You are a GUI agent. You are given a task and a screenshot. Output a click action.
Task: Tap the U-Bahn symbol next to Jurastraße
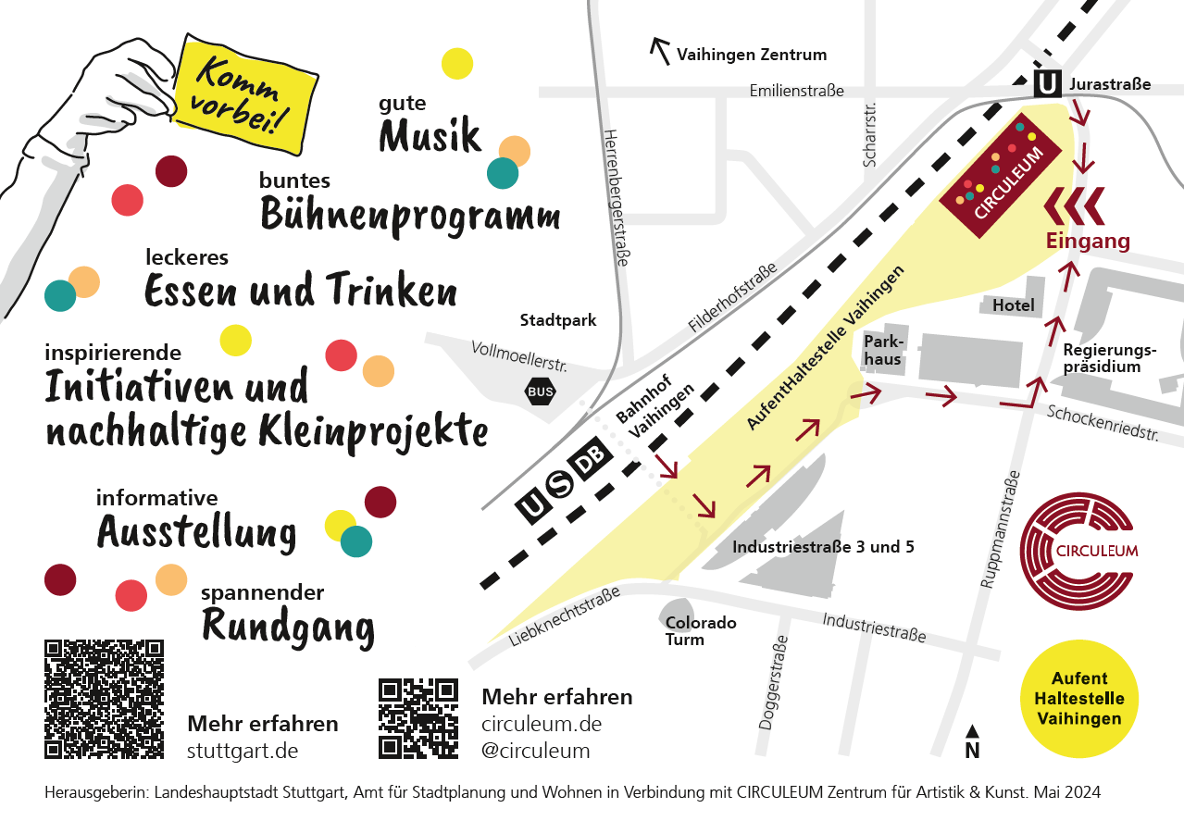tap(1047, 84)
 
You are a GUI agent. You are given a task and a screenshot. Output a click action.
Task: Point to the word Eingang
tap(1088, 242)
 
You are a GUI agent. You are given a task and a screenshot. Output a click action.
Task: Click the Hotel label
tap(1013, 305)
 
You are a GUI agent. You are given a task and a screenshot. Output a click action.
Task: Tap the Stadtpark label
tap(558, 321)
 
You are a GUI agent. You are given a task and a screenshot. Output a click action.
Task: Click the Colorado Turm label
tap(701, 631)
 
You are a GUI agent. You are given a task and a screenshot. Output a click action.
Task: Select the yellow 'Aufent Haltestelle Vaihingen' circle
tap(1079, 699)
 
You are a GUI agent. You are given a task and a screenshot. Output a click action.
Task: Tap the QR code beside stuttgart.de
tap(105, 699)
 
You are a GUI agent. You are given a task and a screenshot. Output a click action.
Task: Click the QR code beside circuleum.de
tap(418, 718)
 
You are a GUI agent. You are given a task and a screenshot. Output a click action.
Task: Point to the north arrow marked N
tap(972, 743)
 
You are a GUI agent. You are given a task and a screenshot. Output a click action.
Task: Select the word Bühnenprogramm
tap(410, 215)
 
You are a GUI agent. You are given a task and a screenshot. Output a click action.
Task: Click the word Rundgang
tap(288, 628)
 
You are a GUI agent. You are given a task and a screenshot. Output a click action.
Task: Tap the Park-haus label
tap(882, 350)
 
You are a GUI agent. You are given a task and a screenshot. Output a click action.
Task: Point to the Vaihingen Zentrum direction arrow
tap(661, 51)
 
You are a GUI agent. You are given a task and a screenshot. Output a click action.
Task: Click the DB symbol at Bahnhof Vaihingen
tap(591, 460)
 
